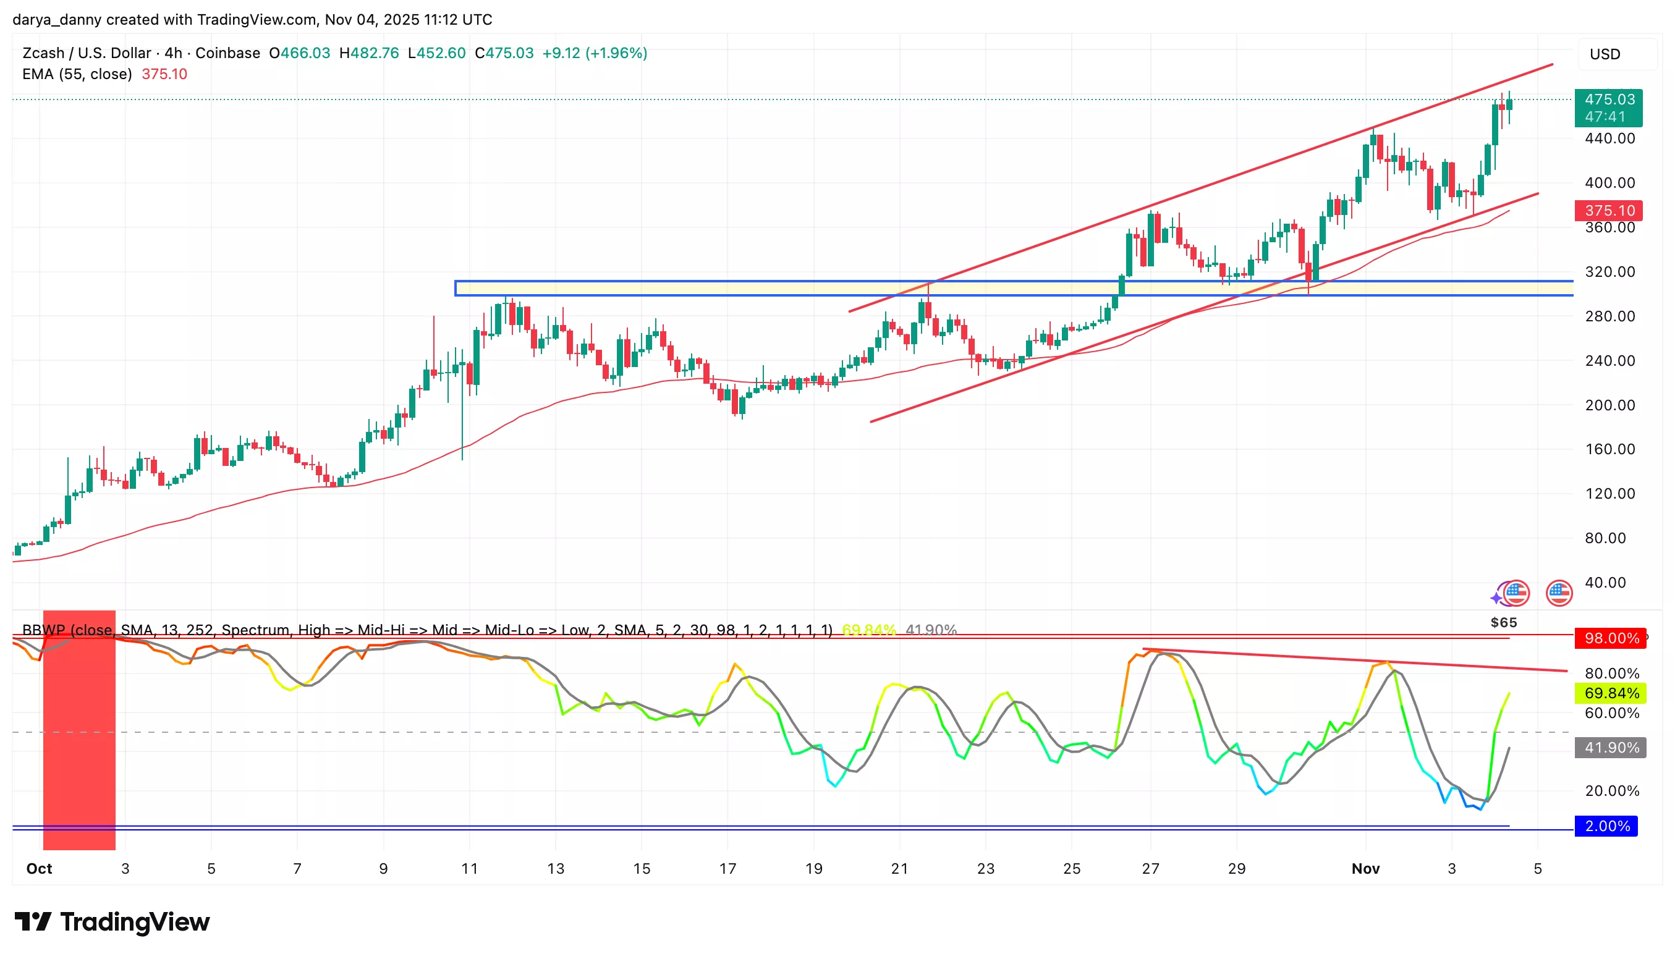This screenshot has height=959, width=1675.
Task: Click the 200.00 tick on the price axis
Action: tap(1609, 405)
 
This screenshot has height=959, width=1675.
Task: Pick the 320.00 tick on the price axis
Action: tap(1609, 272)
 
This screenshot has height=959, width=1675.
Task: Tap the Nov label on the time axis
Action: tap(1365, 869)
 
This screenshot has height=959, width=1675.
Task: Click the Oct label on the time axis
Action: tap(39, 869)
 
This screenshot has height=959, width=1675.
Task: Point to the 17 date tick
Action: tap(727, 869)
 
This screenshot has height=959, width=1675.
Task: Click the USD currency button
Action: tap(1605, 54)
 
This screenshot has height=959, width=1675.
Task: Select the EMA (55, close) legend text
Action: tap(77, 74)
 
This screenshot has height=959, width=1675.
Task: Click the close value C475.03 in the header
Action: tap(504, 53)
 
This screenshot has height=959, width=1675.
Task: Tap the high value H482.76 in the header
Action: tap(369, 53)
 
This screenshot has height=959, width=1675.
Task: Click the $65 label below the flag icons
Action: tap(1503, 622)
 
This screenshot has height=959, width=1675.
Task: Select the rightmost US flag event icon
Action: tap(1558, 593)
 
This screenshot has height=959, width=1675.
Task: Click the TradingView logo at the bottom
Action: tap(112, 921)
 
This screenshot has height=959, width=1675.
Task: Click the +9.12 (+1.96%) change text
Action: tap(594, 53)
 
